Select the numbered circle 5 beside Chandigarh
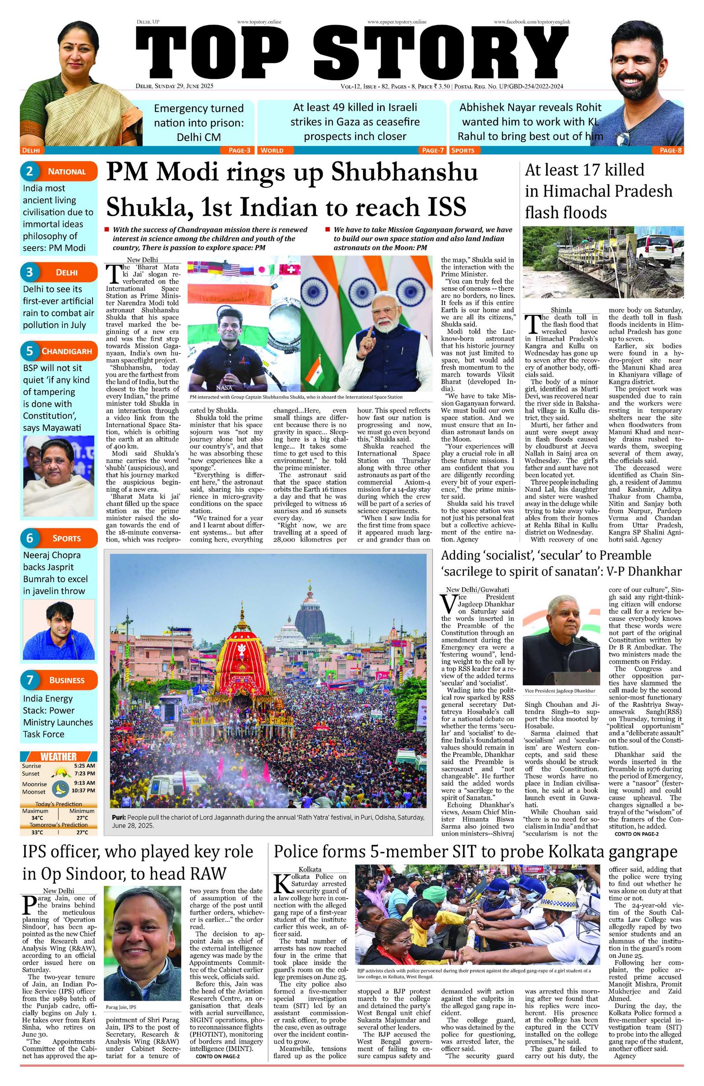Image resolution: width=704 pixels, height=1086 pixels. [29, 351]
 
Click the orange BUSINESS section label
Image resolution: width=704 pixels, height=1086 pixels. [66, 680]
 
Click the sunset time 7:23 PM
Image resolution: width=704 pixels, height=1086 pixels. [84, 773]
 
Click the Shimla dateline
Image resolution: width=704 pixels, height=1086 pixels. [561, 310]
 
